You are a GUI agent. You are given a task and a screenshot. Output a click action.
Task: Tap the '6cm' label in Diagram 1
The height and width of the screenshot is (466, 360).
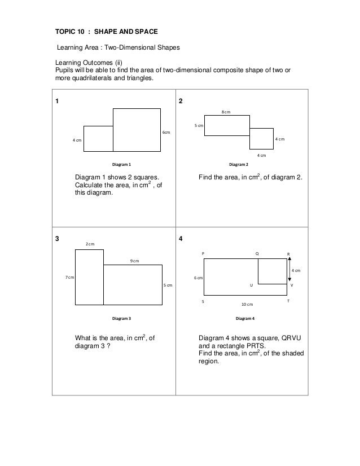coord(166,133)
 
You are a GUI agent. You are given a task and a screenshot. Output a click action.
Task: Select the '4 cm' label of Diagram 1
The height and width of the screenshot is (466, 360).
coord(76,140)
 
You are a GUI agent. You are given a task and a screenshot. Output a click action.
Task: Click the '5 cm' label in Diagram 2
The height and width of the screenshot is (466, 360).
coord(199,126)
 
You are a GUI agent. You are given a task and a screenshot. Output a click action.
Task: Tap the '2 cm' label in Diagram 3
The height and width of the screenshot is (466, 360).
coord(90,244)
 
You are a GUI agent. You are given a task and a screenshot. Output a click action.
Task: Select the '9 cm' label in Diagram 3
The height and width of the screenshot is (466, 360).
coord(135,261)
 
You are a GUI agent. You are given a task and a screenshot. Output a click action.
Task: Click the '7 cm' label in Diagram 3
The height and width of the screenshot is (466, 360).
coord(69,278)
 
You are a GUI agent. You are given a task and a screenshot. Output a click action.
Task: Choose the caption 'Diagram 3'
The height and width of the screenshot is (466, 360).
coord(121,318)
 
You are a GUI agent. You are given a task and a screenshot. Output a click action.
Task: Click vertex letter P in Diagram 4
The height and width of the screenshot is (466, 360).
coord(203,254)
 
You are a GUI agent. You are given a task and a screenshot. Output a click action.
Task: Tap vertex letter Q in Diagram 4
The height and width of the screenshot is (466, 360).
coord(257,254)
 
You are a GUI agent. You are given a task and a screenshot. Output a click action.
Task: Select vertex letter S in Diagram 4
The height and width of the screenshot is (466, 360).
coord(203,302)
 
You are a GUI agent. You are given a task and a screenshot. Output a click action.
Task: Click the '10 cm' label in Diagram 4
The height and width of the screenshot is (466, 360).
coord(247,304)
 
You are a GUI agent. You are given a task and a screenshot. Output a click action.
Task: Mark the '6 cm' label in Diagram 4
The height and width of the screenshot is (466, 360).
coord(199,278)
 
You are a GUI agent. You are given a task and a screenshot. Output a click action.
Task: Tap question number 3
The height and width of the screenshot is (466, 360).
coord(56,239)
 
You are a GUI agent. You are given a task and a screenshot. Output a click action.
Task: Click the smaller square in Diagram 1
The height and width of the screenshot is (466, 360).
coord(98,139)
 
